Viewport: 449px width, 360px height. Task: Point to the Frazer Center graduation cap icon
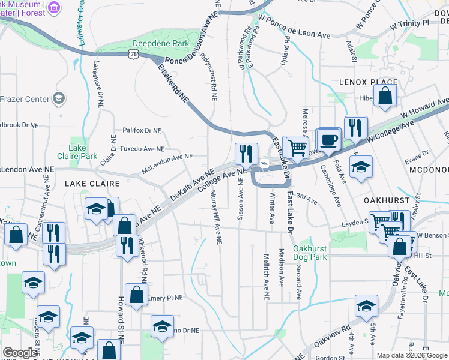(59, 98)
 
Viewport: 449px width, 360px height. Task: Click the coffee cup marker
(328, 140)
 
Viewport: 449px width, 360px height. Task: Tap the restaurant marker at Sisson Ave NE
(246, 155)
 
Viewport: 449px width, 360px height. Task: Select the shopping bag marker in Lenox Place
(385, 95)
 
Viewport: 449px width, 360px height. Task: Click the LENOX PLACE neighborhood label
(368, 82)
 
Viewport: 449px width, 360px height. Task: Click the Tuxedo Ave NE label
(142, 149)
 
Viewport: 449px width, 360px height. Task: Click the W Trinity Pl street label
(411, 25)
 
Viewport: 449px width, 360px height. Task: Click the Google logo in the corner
(19, 353)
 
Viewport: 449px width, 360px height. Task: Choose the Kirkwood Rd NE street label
(144, 264)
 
